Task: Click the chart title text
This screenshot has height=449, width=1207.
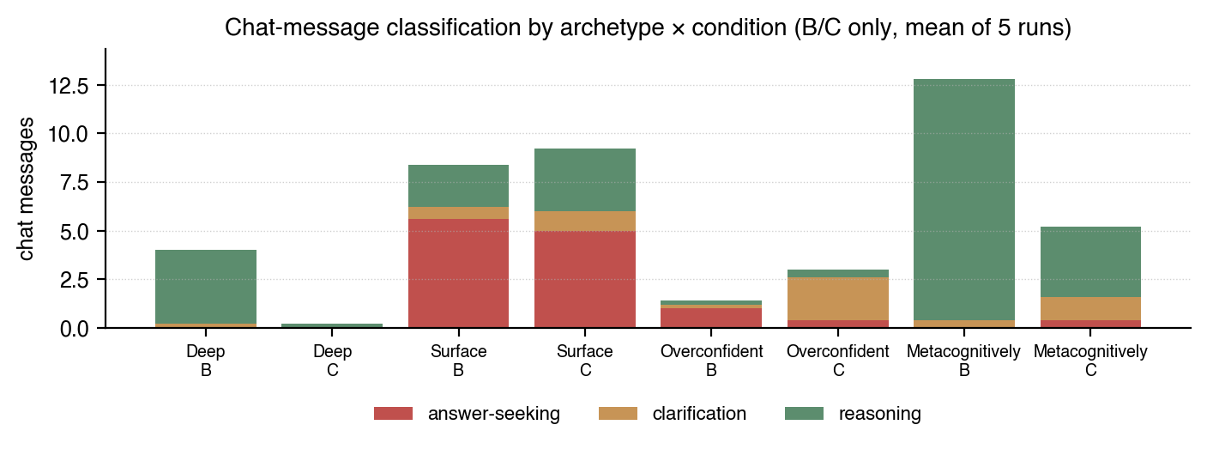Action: pyautogui.click(x=648, y=28)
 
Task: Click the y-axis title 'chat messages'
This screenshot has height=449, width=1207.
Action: pyautogui.click(x=27, y=189)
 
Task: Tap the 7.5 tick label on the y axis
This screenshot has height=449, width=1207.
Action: pyautogui.click(x=81, y=184)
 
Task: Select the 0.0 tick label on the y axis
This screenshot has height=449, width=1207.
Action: pyautogui.click(x=81, y=329)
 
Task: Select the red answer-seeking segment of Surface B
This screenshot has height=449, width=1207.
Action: pyautogui.click(x=458, y=273)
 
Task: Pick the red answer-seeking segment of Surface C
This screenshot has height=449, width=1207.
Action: pyautogui.click(x=584, y=279)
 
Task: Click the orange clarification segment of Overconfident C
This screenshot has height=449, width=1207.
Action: pyautogui.click(x=838, y=299)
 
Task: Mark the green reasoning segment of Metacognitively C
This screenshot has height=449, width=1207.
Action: pyautogui.click(x=1090, y=262)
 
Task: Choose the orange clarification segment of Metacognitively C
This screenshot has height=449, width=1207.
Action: pyautogui.click(x=1090, y=308)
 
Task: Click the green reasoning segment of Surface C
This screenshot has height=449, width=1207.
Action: pyautogui.click(x=584, y=179)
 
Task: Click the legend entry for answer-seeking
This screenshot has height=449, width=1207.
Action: pyautogui.click(x=467, y=414)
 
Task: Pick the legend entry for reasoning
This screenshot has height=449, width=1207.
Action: pyautogui.click(x=854, y=414)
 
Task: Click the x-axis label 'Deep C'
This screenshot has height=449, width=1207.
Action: pyautogui.click(x=332, y=361)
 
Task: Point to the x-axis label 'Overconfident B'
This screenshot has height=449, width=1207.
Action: pyautogui.click(x=711, y=361)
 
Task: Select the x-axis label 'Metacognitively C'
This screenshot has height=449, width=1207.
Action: pyautogui.click(x=1090, y=361)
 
